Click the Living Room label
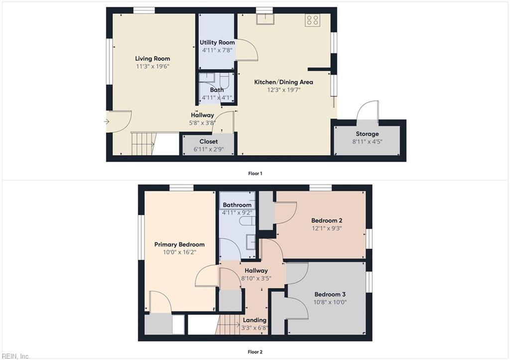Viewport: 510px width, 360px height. pyautogui.click(x=152, y=58)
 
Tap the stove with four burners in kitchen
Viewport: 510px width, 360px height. pyautogui.click(x=313, y=20)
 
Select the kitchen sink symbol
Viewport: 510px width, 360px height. pyautogui.click(x=264, y=19)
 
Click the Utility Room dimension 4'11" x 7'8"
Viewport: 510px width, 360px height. pyautogui.click(x=217, y=50)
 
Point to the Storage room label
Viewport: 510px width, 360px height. pyautogui.click(x=367, y=133)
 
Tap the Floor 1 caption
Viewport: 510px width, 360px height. pyautogui.click(x=255, y=173)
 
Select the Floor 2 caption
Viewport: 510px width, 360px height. pyautogui.click(x=255, y=352)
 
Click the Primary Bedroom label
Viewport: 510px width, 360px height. pyautogui.click(x=179, y=244)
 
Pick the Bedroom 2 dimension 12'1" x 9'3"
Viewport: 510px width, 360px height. pyautogui.click(x=326, y=229)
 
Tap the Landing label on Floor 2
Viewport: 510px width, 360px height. pyautogui.click(x=255, y=320)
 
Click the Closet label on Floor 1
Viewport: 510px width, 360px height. pyautogui.click(x=209, y=141)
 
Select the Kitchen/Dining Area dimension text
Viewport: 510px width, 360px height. pyautogui.click(x=284, y=90)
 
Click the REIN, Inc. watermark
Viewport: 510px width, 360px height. pyautogui.click(x=15, y=356)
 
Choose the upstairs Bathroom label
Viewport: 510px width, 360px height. pyautogui.click(x=237, y=205)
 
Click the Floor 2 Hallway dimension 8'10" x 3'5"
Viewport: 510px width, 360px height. pyautogui.click(x=255, y=278)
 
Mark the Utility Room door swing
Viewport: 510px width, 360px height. pyautogui.click(x=247, y=50)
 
